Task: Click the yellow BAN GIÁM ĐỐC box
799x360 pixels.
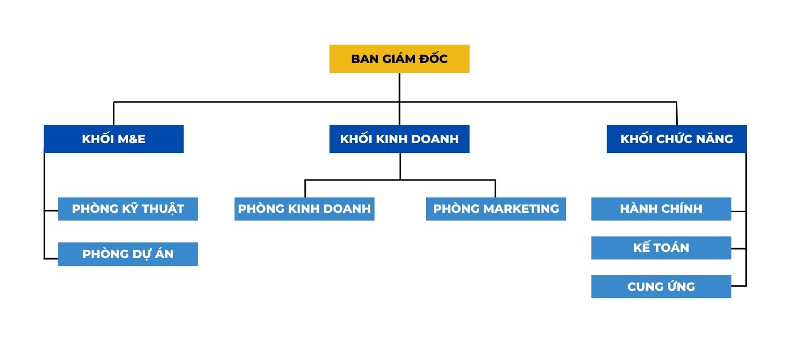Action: click(x=399, y=59)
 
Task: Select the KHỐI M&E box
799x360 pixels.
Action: click(x=113, y=139)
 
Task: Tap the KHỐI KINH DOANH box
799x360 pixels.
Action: click(x=399, y=139)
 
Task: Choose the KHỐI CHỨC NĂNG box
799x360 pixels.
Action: click(x=676, y=139)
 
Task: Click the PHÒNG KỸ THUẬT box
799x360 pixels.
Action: click(x=127, y=209)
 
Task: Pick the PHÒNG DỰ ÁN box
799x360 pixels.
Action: click(x=127, y=254)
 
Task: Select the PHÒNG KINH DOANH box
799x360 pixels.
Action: click(x=304, y=209)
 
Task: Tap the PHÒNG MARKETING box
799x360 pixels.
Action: click(x=496, y=209)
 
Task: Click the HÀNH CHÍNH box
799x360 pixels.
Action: click(x=661, y=209)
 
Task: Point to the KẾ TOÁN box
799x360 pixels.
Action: click(x=661, y=248)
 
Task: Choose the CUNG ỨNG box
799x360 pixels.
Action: click(x=661, y=287)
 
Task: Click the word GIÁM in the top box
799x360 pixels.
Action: click(x=399, y=59)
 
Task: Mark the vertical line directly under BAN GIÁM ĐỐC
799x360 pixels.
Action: click(x=399, y=87)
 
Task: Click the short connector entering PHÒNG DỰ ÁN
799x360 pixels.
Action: click(x=51, y=259)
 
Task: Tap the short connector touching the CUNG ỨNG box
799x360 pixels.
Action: click(x=739, y=286)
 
